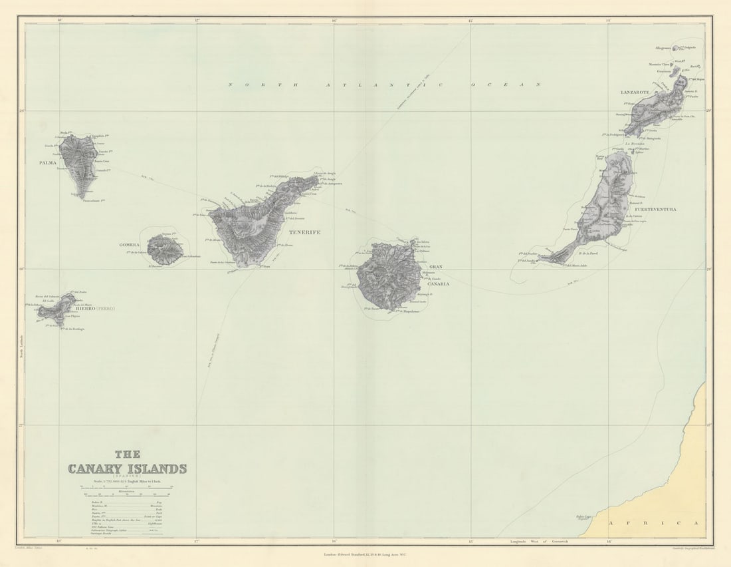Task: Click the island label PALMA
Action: tap(48, 162)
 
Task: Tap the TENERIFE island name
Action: tap(304, 232)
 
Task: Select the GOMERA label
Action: tap(130, 245)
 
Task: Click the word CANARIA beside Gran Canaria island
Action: tap(439, 283)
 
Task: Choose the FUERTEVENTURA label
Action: tap(655, 210)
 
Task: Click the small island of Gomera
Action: tap(164, 250)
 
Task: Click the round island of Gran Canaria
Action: tap(389, 276)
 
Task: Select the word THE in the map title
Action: tap(127, 455)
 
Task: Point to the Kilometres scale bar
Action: tap(126, 495)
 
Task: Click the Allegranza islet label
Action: tap(663, 48)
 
